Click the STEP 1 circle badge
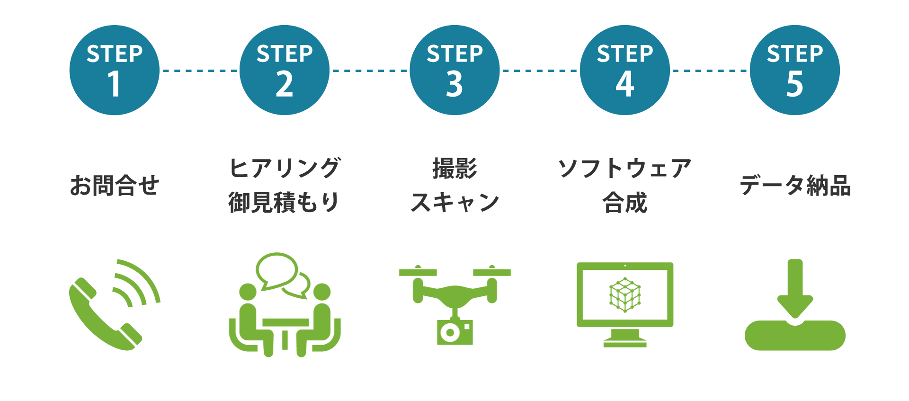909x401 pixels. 114,70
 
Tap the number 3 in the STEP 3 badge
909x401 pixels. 454,85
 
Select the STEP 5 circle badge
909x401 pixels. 794,70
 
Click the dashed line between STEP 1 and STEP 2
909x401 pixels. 199,71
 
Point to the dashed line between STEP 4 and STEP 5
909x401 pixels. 710,71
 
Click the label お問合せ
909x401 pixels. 114,185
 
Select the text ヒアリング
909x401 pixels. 284,168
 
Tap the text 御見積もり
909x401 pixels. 284,202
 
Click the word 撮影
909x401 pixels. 454,168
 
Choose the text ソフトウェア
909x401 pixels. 624,168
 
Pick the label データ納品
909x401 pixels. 795,185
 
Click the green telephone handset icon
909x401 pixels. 102,315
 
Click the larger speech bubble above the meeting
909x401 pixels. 276,270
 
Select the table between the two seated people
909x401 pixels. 285,327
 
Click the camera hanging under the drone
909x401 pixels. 454,332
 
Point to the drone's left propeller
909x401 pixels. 418,272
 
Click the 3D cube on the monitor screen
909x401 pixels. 625,294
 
